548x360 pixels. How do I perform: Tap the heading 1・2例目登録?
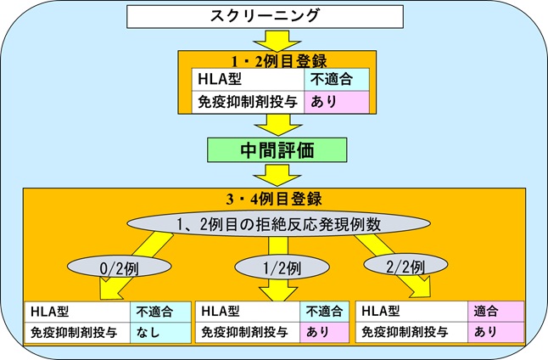pyautogui.click(x=275, y=59)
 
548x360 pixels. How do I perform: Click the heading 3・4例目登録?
pyautogui.click(x=275, y=201)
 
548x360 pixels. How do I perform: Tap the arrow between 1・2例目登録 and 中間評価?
pyautogui.click(x=275, y=124)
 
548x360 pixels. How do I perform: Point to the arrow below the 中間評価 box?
pyautogui.click(x=275, y=176)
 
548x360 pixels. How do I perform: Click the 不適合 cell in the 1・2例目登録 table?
pyautogui.click(x=336, y=78)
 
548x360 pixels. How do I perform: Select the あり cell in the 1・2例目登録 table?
pyautogui.click(x=336, y=100)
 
